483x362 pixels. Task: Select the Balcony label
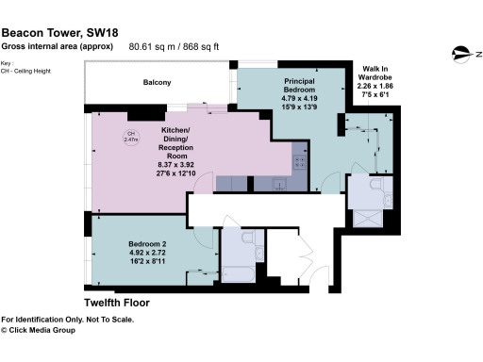pos(158,83)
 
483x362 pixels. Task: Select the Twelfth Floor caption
pos(117,304)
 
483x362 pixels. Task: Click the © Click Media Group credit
pos(51,331)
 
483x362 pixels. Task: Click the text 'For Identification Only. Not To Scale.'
pos(67,320)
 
